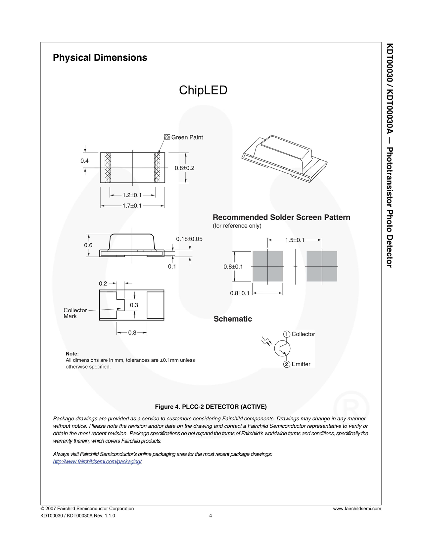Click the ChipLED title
click(x=203, y=90)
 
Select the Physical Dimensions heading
click(x=100, y=58)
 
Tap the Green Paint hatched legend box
click(x=167, y=137)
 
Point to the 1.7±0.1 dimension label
click(x=132, y=206)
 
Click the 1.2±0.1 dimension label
click(x=132, y=195)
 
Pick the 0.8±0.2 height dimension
click(x=184, y=168)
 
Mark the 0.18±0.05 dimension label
click(x=189, y=239)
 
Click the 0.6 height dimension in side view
click(x=88, y=245)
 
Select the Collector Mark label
click(x=75, y=313)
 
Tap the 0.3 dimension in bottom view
click(x=134, y=305)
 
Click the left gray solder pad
click(x=267, y=266)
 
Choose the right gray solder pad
click(x=321, y=266)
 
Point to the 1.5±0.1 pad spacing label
click(x=295, y=240)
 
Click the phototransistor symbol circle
click(x=282, y=348)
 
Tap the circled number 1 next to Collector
click(x=287, y=334)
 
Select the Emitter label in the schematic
click(x=301, y=364)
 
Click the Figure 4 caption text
click(x=211, y=407)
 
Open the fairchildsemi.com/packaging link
click(x=97, y=461)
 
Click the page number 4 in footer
click(x=211, y=516)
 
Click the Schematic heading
click(x=233, y=319)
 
